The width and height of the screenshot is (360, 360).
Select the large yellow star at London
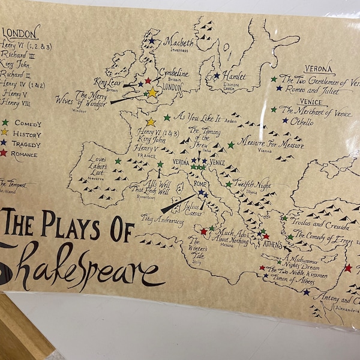coord(152,92)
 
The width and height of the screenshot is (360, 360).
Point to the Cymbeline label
coord(174,74)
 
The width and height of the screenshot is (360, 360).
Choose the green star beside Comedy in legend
coord(4,123)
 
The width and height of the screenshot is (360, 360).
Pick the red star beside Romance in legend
coord(4,153)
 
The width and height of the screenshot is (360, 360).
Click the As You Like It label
coord(197,116)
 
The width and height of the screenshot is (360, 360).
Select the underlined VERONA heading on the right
coord(318,69)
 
